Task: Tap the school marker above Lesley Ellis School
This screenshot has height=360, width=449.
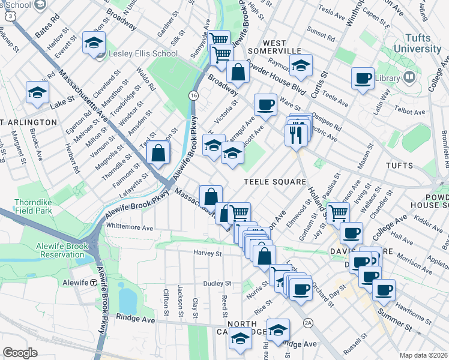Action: [94, 43]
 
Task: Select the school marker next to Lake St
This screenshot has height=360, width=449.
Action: [37, 93]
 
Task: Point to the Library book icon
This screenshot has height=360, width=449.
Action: [409, 77]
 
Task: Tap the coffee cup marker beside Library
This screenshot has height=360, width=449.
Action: [363, 79]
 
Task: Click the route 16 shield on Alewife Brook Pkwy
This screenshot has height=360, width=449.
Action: [193, 95]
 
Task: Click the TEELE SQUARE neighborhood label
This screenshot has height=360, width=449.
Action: [275, 181]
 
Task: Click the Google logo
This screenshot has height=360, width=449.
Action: [20, 352]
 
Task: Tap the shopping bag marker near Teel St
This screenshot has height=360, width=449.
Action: [158, 152]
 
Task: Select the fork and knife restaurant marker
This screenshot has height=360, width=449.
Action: [296, 134]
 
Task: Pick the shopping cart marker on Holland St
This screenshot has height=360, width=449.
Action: [339, 212]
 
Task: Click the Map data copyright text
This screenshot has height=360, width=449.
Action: [423, 355]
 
